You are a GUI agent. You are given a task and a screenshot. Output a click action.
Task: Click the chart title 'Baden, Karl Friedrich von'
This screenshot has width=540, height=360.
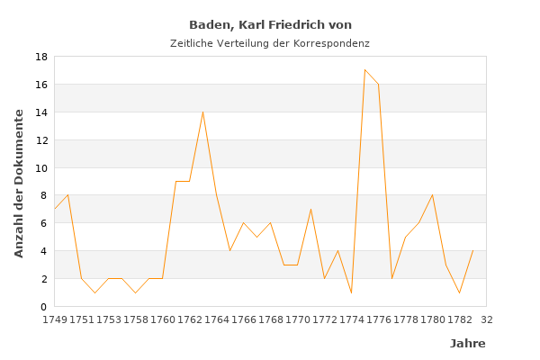(x=270, y=25)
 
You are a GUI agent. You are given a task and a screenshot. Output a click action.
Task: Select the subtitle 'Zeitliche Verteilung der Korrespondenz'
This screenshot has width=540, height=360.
(x=270, y=43)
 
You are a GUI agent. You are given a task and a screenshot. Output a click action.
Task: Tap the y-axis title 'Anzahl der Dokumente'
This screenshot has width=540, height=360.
(x=20, y=183)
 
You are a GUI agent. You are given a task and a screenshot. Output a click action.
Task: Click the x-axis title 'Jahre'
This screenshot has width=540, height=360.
(x=467, y=344)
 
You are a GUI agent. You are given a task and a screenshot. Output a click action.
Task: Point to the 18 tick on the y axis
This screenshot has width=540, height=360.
(x=40, y=57)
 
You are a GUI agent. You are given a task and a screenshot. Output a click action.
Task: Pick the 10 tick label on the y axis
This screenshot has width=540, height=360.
(x=40, y=167)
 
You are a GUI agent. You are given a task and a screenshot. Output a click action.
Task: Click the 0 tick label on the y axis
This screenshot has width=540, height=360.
(x=43, y=307)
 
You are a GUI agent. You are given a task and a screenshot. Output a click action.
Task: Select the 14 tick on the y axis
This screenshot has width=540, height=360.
(x=40, y=112)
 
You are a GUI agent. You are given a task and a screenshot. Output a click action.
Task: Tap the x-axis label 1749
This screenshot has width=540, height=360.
(x=55, y=319)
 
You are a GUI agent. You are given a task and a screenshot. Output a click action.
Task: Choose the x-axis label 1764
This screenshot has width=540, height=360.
(x=217, y=319)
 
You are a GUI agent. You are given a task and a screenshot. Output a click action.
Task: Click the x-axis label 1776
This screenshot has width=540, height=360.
(x=379, y=319)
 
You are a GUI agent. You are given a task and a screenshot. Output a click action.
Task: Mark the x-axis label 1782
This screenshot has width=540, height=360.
(x=460, y=319)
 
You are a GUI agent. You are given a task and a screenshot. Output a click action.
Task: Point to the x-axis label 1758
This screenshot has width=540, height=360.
(x=136, y=319)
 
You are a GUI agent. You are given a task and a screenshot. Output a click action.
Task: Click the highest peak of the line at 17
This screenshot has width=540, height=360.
(x=364, y=70)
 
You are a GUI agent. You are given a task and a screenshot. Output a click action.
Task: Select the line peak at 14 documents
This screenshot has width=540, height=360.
(x=202, y=112)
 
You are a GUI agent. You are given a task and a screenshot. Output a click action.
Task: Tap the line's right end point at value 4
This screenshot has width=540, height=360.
(x=472, y=251)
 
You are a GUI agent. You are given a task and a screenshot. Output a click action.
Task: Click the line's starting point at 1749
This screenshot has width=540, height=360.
(x=55, y=209)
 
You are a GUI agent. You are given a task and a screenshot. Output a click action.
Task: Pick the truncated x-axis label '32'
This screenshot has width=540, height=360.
(x=486, y=319)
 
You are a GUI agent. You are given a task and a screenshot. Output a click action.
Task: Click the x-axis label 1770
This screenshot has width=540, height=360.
(x=298, y=319)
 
